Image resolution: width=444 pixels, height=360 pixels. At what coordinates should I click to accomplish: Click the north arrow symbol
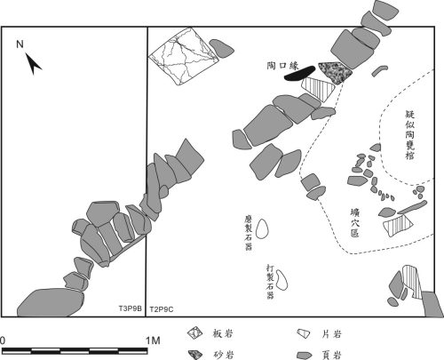[x=33, y=64]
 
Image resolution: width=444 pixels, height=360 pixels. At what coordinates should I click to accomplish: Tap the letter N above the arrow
[x=20, y=44]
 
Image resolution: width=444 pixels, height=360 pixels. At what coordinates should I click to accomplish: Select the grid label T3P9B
[x=131, y=308]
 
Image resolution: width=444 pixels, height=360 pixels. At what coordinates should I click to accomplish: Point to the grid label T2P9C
[x=162, y=309]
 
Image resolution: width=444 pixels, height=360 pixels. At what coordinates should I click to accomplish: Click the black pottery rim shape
[x=299, y=73]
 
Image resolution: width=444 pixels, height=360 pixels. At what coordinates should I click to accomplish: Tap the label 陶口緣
[x=283, y=66]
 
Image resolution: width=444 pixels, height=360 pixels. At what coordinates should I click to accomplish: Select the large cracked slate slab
[x=184, y=56]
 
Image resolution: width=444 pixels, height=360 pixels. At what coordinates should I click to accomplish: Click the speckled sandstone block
[x=336, y=73]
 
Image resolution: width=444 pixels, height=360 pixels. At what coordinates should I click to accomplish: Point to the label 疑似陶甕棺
[x=409, y=135]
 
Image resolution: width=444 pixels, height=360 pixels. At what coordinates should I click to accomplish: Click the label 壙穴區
[x=354, y=222]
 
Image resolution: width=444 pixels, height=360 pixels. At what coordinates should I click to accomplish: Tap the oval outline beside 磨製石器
[x=262, y=228]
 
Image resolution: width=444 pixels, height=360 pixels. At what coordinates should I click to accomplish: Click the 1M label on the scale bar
[x=153, y=340]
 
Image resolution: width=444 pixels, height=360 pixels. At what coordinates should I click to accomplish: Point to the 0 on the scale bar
[x=3, y=340]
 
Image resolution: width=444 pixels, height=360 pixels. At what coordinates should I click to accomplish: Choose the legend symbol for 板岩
[x=194, y=333]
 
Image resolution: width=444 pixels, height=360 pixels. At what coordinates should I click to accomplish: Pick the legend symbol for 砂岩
[x=195, y=355]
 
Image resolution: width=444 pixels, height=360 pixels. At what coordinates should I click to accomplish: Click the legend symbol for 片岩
[x=304, y=333]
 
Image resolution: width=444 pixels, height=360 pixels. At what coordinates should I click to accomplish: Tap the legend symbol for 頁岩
[x=305, y=355]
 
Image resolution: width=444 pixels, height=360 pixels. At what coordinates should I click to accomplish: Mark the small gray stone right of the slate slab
[x=222, y=48]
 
